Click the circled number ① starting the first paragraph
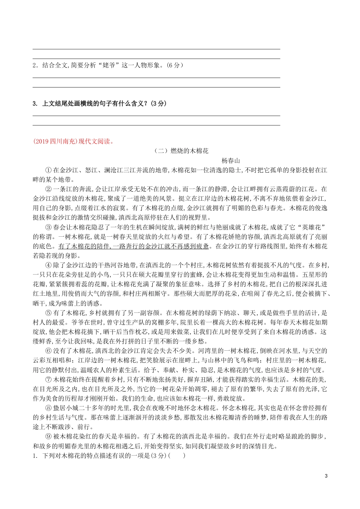(x=48, y=170)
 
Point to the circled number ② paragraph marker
(x=48, y=189)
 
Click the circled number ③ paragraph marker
(x=48, y=227)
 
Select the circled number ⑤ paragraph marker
(x=48, y=313)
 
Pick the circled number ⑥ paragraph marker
(x=48, y=351)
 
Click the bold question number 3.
(x=34, y=103)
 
